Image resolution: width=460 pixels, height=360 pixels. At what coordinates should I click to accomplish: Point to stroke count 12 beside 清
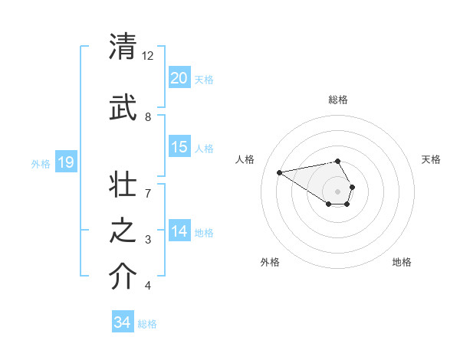pos(148,56)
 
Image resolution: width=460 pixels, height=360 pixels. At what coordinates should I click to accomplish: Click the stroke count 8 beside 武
pos(148,116)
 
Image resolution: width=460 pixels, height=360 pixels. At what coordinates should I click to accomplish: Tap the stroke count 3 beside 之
pos(148,240)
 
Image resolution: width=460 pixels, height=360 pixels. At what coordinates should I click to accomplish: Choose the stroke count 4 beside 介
pos(148,286)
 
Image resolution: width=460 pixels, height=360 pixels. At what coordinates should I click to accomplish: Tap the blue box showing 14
pos(179,231)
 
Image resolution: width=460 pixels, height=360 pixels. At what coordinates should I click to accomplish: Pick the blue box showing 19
pos(65,162)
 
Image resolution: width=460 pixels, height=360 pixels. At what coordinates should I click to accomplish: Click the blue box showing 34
pos(122,322)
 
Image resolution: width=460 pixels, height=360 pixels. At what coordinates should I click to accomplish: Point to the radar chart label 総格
pos(338,100)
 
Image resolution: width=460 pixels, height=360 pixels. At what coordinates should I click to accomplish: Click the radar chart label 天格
pos(432,159)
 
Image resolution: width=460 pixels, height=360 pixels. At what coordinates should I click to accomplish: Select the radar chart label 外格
pos(270,262)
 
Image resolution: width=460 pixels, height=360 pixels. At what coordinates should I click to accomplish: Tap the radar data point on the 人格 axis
pos(280,172)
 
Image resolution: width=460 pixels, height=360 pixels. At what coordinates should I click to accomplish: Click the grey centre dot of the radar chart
pos(338,191)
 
